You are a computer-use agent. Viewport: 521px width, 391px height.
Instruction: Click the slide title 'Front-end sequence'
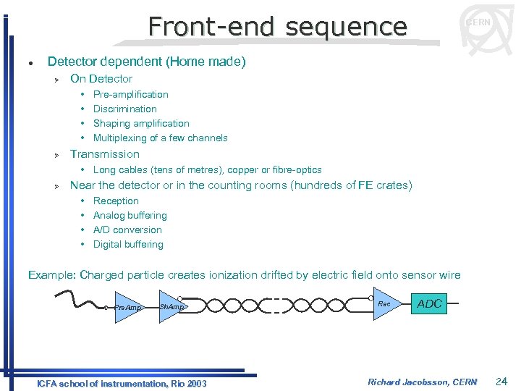(277, 27)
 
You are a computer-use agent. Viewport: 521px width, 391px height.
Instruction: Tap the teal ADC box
(429, 304)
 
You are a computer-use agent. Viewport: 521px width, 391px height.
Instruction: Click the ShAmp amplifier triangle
(171, 307)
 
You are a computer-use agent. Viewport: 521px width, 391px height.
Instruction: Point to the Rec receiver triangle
(385, 304)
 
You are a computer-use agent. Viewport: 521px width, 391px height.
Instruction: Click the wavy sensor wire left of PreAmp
(80, 299)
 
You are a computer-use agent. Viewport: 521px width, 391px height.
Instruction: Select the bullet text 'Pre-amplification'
(130, 94)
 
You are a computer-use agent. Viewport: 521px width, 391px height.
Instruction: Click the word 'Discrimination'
(124, 109)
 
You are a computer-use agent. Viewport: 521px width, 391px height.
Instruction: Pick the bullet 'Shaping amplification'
(141, 123)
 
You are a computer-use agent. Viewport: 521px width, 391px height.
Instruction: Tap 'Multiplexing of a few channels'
(160, 138)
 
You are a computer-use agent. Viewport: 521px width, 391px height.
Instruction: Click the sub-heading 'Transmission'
(104, 154)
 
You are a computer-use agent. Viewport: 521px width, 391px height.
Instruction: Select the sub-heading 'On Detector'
(101, 78)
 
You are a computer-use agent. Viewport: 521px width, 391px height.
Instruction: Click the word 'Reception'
(116, 201)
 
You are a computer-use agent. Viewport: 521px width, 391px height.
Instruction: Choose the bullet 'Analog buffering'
(130, 215)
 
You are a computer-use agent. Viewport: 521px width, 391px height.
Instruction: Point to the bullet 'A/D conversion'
(127, 230)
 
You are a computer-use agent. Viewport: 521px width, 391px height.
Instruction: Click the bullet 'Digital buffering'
(128, 244)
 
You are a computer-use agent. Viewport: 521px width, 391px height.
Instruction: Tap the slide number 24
(502, 382)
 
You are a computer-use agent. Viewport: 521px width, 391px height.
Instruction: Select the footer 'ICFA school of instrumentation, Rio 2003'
(122, 383)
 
